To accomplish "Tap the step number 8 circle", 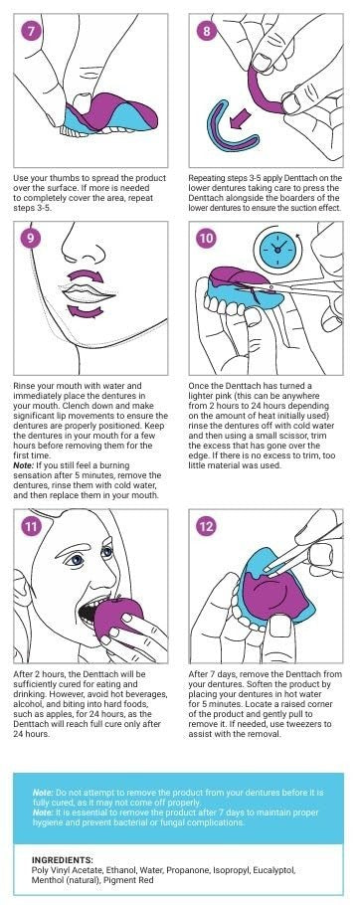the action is coord(207,32).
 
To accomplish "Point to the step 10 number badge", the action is coord(207,238).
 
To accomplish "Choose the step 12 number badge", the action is coord(207,526).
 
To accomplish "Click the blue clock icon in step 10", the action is coord(277,247).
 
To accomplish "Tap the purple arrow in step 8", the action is coord(237,120).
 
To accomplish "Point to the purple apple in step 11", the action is coord(117,619).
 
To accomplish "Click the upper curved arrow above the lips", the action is coord(85,274).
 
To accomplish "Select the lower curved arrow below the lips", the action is coord(85,311).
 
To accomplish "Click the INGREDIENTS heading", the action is coord(63,859).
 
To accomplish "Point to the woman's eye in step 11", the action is coord(74,560).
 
